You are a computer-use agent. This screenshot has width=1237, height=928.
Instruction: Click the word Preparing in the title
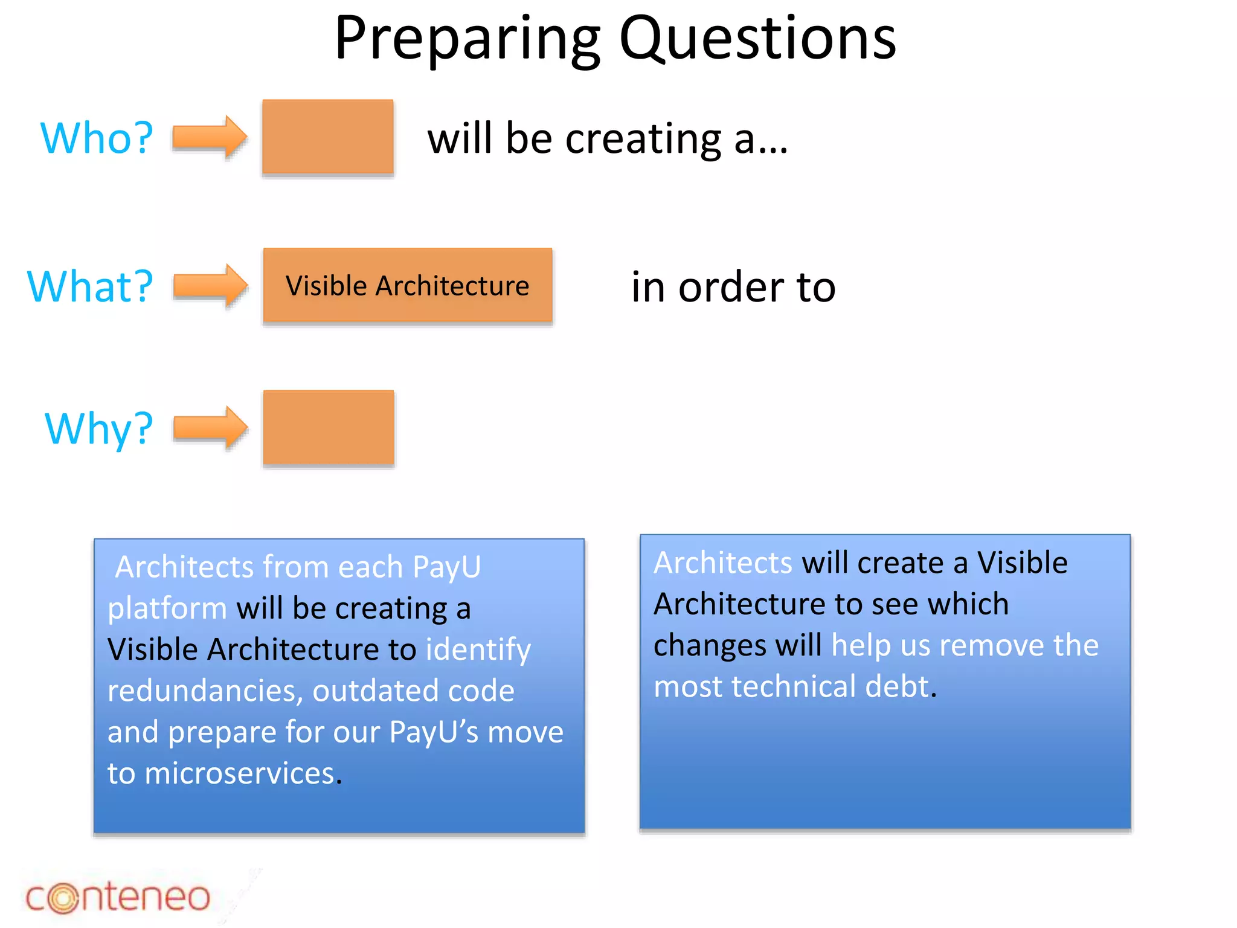467,39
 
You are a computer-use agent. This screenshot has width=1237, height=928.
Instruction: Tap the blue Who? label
97,138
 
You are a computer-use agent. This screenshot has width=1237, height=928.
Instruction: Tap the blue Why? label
99,428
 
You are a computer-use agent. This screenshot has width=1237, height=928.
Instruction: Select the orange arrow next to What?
210,285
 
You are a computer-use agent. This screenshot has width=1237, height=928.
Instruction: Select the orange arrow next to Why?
210,428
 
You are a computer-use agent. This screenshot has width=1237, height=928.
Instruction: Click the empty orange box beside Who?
328,137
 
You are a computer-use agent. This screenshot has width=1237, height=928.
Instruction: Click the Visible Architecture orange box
408,285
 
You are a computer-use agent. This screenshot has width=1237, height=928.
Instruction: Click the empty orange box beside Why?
329,428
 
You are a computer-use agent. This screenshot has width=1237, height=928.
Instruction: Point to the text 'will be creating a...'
608,138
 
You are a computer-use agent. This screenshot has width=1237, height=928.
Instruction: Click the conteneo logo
118,897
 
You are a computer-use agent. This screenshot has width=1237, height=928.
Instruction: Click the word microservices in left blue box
240,773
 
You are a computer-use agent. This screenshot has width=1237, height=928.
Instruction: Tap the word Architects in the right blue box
722,562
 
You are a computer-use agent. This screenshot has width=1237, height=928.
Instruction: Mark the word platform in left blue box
167,608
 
